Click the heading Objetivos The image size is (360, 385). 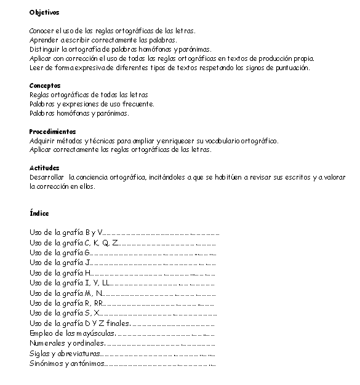click(x=44, y=12)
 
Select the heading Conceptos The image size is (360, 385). click(x=45, y=85)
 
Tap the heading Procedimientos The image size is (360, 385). click(x=52, y=132)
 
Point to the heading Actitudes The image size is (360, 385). click(x=44, y=168)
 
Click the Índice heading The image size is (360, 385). click(x=39, y=213)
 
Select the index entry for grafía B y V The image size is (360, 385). click(x=66, y=232)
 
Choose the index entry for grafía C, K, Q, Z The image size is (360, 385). click(x=74, y=242)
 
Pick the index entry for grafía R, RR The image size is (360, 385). click(x=67, y=303)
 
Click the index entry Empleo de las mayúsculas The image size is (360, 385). click(x=71, y=333)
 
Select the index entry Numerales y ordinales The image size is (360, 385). click(x=67, y=343)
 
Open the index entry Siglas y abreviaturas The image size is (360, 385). click(x=66, y=353)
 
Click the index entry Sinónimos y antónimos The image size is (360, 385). click(x=67, y=363)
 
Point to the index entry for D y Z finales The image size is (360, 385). click(x=79, y=323)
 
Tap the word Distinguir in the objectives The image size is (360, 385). click(x=43, y=49)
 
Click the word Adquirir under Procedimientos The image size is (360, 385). click(x=42, y=141)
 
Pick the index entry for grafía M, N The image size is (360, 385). click(x=67, y=293)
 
